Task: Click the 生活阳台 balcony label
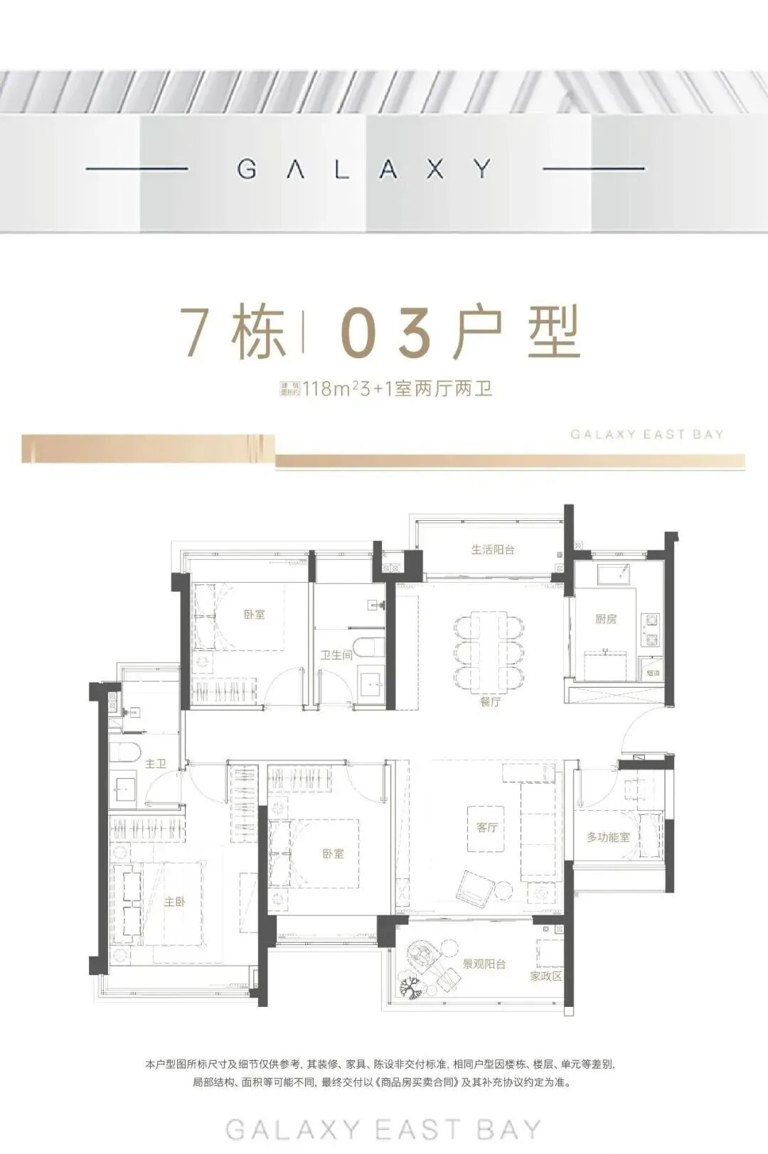click(492, 549)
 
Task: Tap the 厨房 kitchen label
click(606, 619)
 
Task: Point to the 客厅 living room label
click(486, 827)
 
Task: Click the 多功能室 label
click(608, 837)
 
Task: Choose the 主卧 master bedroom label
click(175, 901)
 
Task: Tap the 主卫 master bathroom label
click(155, 764)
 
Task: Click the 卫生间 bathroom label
click(336, 654)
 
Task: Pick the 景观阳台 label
click(484, 964)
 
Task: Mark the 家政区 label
click(546, 976)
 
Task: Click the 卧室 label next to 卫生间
click(254, 614)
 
